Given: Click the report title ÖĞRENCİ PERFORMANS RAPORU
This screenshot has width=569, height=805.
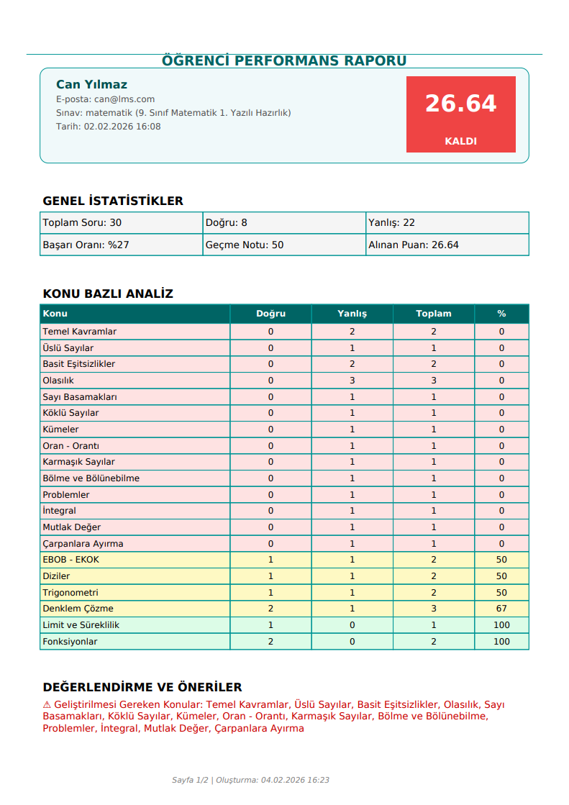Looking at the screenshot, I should tap(284, 60).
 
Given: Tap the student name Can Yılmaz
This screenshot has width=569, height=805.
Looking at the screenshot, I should tap(91, 84).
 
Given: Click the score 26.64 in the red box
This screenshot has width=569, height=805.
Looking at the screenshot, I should tap(460, 104).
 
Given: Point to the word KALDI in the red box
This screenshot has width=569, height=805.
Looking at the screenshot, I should tap(460, 141).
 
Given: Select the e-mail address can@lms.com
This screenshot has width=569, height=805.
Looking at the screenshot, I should tap(124, 99).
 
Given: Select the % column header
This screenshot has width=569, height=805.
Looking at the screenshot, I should tap(501, 314).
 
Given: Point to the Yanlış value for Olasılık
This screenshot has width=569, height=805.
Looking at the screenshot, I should tap(352, 381).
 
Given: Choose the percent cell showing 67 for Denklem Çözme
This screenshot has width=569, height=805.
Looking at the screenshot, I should tap(501, 609).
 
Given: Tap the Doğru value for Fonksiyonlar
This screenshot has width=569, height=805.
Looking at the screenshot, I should tap(270, 642).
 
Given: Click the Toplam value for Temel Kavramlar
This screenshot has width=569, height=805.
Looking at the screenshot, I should tap(433, 332).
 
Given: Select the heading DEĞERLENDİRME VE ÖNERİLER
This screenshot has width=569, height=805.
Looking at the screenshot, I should tap(142, 687).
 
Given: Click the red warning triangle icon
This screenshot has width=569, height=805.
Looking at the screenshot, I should tap(47, 705).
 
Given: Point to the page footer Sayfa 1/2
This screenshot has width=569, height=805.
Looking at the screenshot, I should tap(191, 780).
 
